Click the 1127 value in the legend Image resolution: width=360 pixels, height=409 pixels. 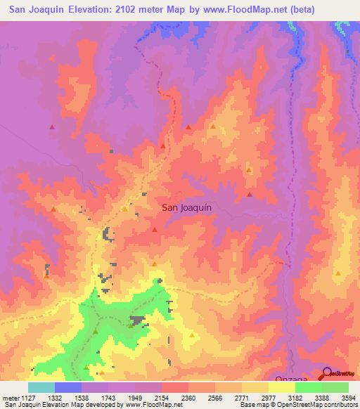tap(28, 398)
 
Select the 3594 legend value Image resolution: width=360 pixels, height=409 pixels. tap(348, 398)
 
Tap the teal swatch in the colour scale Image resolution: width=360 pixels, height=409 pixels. tap(41, 387)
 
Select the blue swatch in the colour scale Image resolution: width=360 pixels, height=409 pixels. tap(68, 387)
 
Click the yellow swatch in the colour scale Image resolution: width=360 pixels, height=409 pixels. tap(281, 387)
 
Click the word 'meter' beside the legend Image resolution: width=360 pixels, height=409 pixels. tap(10, 398)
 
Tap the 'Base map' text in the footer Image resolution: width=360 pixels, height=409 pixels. tap(254, 405)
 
